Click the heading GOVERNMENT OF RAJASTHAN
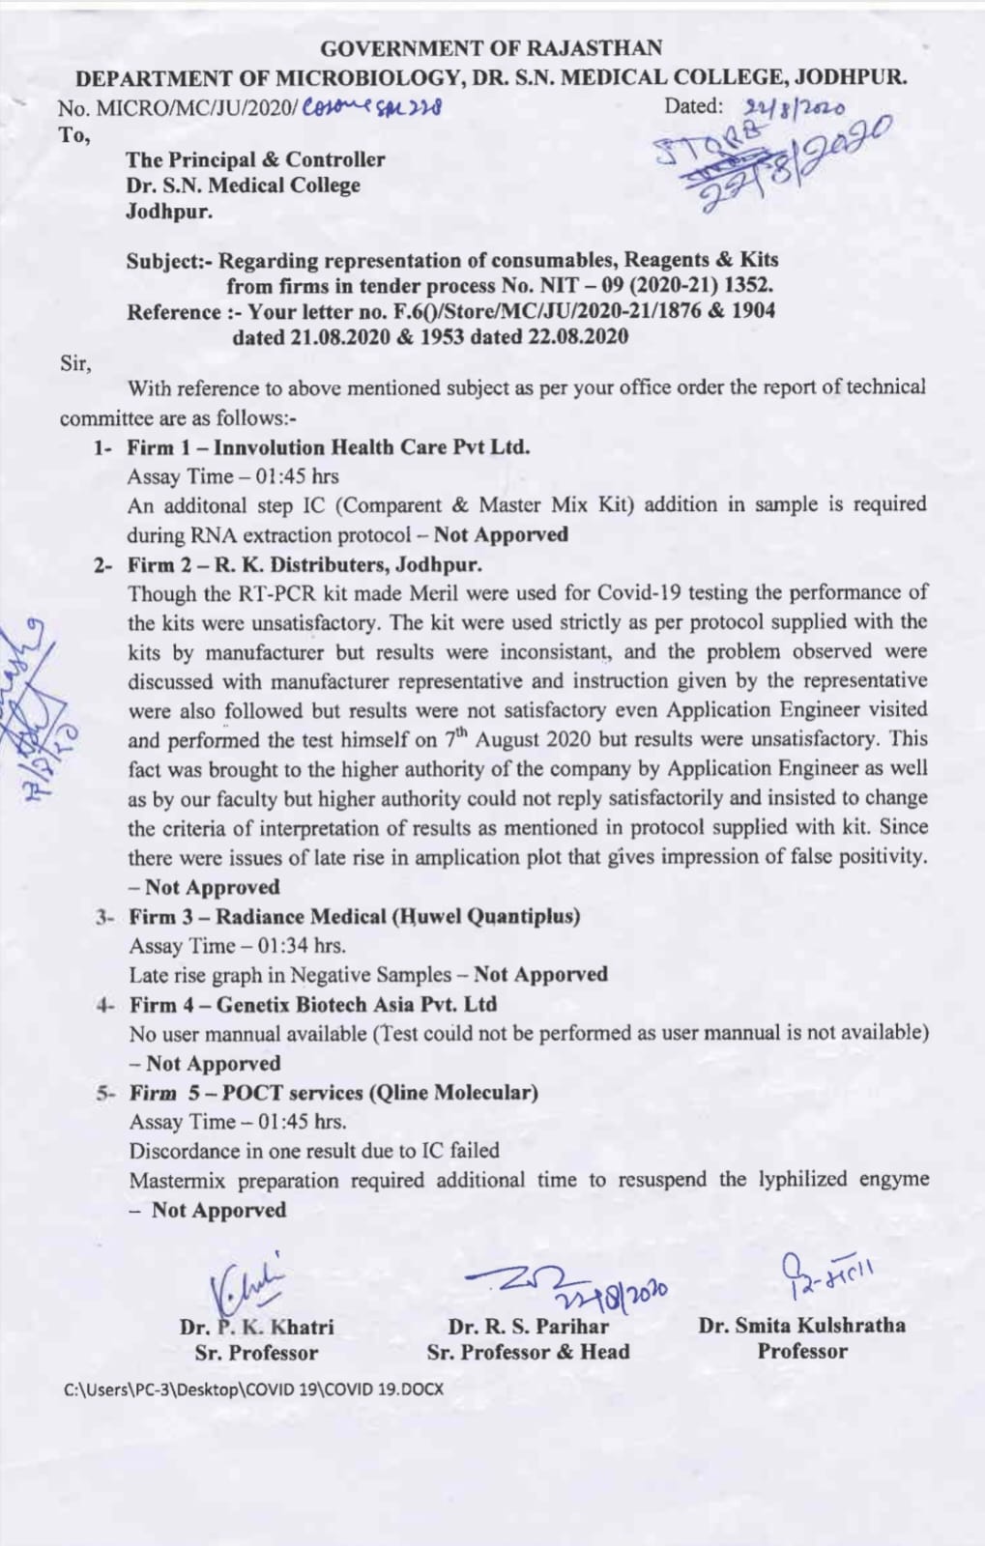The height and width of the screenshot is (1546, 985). [x=491, y=47]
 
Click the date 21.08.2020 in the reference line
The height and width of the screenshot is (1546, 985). [x=339, y=337]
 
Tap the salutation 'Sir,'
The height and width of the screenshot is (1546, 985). [x=75, y=363]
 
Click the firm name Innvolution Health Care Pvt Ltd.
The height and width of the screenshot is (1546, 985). [x=371, y=447]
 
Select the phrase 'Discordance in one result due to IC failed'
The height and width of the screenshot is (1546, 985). [x=314, y=1151]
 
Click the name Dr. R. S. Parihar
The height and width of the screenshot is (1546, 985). [x=528, y=1327]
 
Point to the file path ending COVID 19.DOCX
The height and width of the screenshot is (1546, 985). [x=253, y=1389]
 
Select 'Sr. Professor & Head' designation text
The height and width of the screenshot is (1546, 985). [x=528, y=1353]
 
